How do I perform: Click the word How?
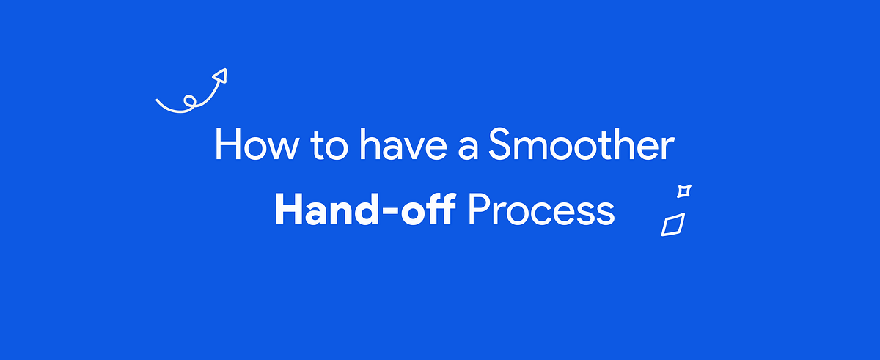click(x=257, y=144)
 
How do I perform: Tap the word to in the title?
click(x=329, y=146)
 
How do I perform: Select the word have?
click(x=403, y=144)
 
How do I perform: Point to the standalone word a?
click(x=468, y=148)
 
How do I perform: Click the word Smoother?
click(x=582, y=144)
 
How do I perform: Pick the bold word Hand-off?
click(x=365, y=209)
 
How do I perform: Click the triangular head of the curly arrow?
click(x=221, y=76)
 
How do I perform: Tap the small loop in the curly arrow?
click(x=190, y=100)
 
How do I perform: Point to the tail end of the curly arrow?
click(x=157, y=100)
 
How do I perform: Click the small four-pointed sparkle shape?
click(x=684, y=191)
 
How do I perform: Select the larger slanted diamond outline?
click(x=673, y=224)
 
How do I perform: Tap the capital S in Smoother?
click(x=499, y=144)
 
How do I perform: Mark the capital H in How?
click(x=227, y=144)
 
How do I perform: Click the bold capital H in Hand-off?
click(x=290, y=210)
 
